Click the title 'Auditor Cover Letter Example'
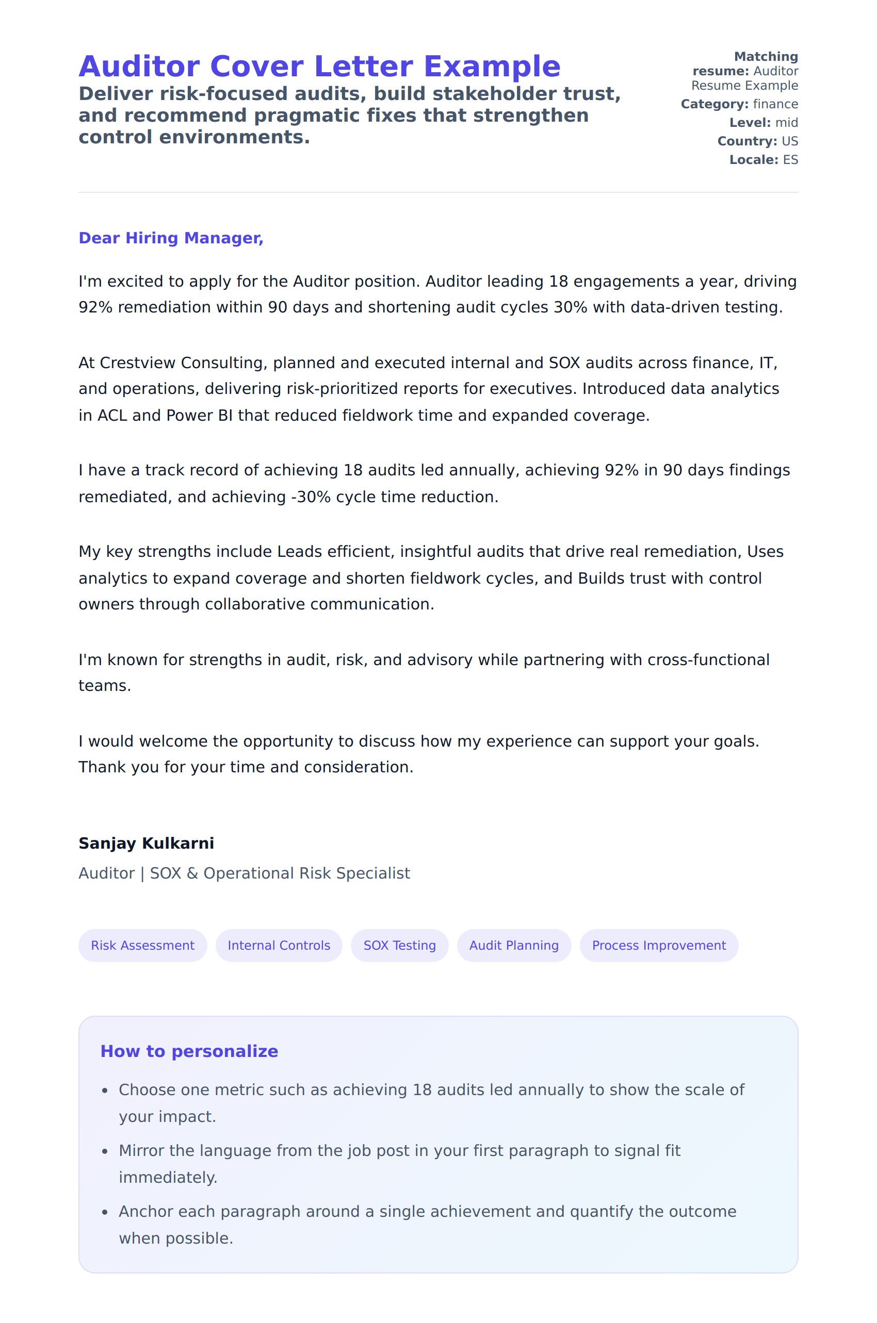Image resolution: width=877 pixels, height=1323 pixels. (319, 67)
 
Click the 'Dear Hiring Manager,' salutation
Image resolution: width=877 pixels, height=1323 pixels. (171, 238)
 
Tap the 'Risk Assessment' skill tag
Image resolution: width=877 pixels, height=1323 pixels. (142, 945)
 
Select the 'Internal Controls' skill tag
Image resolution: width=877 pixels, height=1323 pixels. (279, 945)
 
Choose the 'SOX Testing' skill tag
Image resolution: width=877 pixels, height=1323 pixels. (399, 945)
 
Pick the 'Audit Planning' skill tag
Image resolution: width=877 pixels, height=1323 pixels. (513, 945)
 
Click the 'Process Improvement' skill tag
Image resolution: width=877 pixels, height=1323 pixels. (658, 945)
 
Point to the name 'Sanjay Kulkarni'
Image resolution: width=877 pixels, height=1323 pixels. (146, 843)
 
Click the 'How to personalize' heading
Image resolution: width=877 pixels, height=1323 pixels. (189, 1051)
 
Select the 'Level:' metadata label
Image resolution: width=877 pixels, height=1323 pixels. (750, 123)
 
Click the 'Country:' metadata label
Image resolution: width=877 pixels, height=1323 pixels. (746, 141)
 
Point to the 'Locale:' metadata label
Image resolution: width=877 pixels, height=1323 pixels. (753, 160)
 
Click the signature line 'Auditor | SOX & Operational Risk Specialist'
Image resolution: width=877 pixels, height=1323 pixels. (244, 873)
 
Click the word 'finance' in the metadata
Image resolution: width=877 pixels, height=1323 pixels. (775, 105)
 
